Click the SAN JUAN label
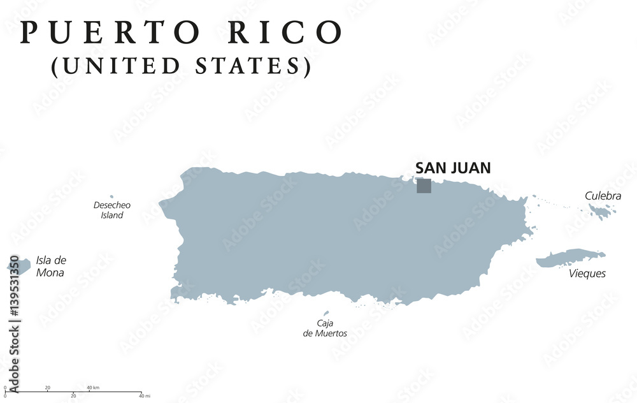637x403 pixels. [x=453, y=168]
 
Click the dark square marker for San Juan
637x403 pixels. [x=424, y=186]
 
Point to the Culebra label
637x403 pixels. [x=603, y=196]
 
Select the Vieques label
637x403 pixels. [x=587, y=274]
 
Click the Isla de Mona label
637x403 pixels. [x=51, y=266]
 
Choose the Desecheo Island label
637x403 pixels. [x=111, y=210]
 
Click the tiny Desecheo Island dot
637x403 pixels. [x=111, y=197]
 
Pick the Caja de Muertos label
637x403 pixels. [x=325, y=328]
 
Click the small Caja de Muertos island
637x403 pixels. [x=327, y=313]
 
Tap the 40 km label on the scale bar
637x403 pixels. [x=93, y=387]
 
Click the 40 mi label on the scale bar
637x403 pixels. [x=145, y=396]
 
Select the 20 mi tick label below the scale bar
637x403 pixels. [x=73, y=396]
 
